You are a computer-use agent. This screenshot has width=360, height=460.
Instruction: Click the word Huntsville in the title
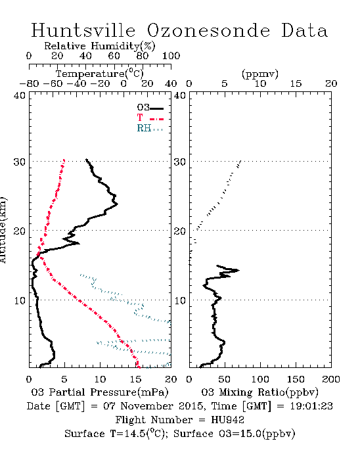pyautogui.click(x=83, y=30)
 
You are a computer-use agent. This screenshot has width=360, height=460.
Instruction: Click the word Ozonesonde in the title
pyautogui.click(x=208, y=30)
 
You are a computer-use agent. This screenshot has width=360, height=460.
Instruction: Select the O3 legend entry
pyautogui.click(x=150, y=108)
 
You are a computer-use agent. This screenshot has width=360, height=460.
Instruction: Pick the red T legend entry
pyautogui.click(x=150, y=118)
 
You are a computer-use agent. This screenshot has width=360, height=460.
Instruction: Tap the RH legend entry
pyautogui.click(x=150, y=128)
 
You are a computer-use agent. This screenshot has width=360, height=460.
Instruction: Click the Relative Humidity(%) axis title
pyautogui.click(x=100, y=46)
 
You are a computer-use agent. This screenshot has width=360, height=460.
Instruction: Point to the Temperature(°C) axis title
pyautogui.click(x=100, y=74)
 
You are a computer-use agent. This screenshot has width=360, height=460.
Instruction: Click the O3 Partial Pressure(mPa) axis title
pyautogui.click(x=100, y=392)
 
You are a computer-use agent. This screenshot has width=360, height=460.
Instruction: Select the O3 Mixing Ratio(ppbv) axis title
pyautogui.click(x=259, y=392)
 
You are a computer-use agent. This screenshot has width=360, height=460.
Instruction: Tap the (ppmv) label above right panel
pyautogui.click(x=260, y=74)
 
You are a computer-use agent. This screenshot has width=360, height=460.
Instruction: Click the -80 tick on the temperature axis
pyautogui.click(x=29, y=84)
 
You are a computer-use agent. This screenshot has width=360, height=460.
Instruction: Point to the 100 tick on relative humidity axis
pyautogui.click(x=171, y=56)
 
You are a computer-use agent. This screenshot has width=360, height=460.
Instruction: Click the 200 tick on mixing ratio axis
pyautogui.click(x=331, y=379)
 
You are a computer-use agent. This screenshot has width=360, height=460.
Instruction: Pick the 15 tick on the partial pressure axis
pyautogui.click(x=135, y=379)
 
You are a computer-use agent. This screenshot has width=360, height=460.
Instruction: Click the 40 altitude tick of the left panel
pyautogui.click(x=20, y=95)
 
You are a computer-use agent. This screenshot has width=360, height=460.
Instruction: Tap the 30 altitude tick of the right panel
pyautogui.click(x=180, y=162)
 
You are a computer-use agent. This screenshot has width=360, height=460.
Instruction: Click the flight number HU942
pyautogui.click(x=227, y=420)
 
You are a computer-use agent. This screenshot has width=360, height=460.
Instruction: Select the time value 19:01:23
pyautogui.click(x=311, y=406)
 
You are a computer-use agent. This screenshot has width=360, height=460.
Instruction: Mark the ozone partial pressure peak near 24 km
pyautogui.click(x=118, y=204)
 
